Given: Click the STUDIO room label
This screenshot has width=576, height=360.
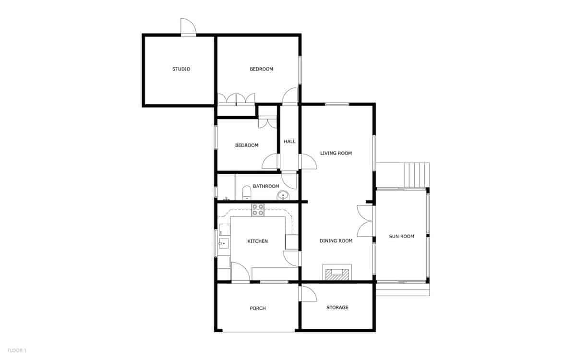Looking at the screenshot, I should click(x=181, y=69).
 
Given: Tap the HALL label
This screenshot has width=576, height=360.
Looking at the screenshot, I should click(x=289, y=142).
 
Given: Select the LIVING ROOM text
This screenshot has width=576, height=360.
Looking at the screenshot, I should click(x=336, y=154).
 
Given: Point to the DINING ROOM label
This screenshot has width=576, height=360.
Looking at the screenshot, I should click(x=336, y=241).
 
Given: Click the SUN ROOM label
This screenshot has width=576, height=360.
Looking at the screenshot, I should click(x=401, y=236).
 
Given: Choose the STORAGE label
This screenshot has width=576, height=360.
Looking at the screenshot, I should click(x=337, y=307).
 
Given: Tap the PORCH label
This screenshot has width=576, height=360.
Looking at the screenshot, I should click(x=258, y=308).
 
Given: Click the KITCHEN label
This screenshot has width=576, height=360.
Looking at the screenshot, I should click(x=257, y=241).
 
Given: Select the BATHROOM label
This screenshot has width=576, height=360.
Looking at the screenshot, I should click(x=266, y=186).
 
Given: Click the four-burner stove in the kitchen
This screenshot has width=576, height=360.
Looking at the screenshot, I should click(x=258, y=210).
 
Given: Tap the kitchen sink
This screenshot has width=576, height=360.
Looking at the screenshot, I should click(x=223, y=243).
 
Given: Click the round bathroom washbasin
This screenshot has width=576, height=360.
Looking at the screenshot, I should click(x=283, y=195).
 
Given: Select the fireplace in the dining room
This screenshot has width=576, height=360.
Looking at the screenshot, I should click(x=337, y=273).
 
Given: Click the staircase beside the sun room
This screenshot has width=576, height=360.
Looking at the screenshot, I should click(x=416, y=175).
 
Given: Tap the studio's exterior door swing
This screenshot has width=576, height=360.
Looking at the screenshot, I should click(x=188, y=27).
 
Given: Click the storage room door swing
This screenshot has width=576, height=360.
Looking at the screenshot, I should click(x=307, y=293).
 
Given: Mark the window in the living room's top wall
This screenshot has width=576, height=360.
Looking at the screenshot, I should click(x=336, y=104).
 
